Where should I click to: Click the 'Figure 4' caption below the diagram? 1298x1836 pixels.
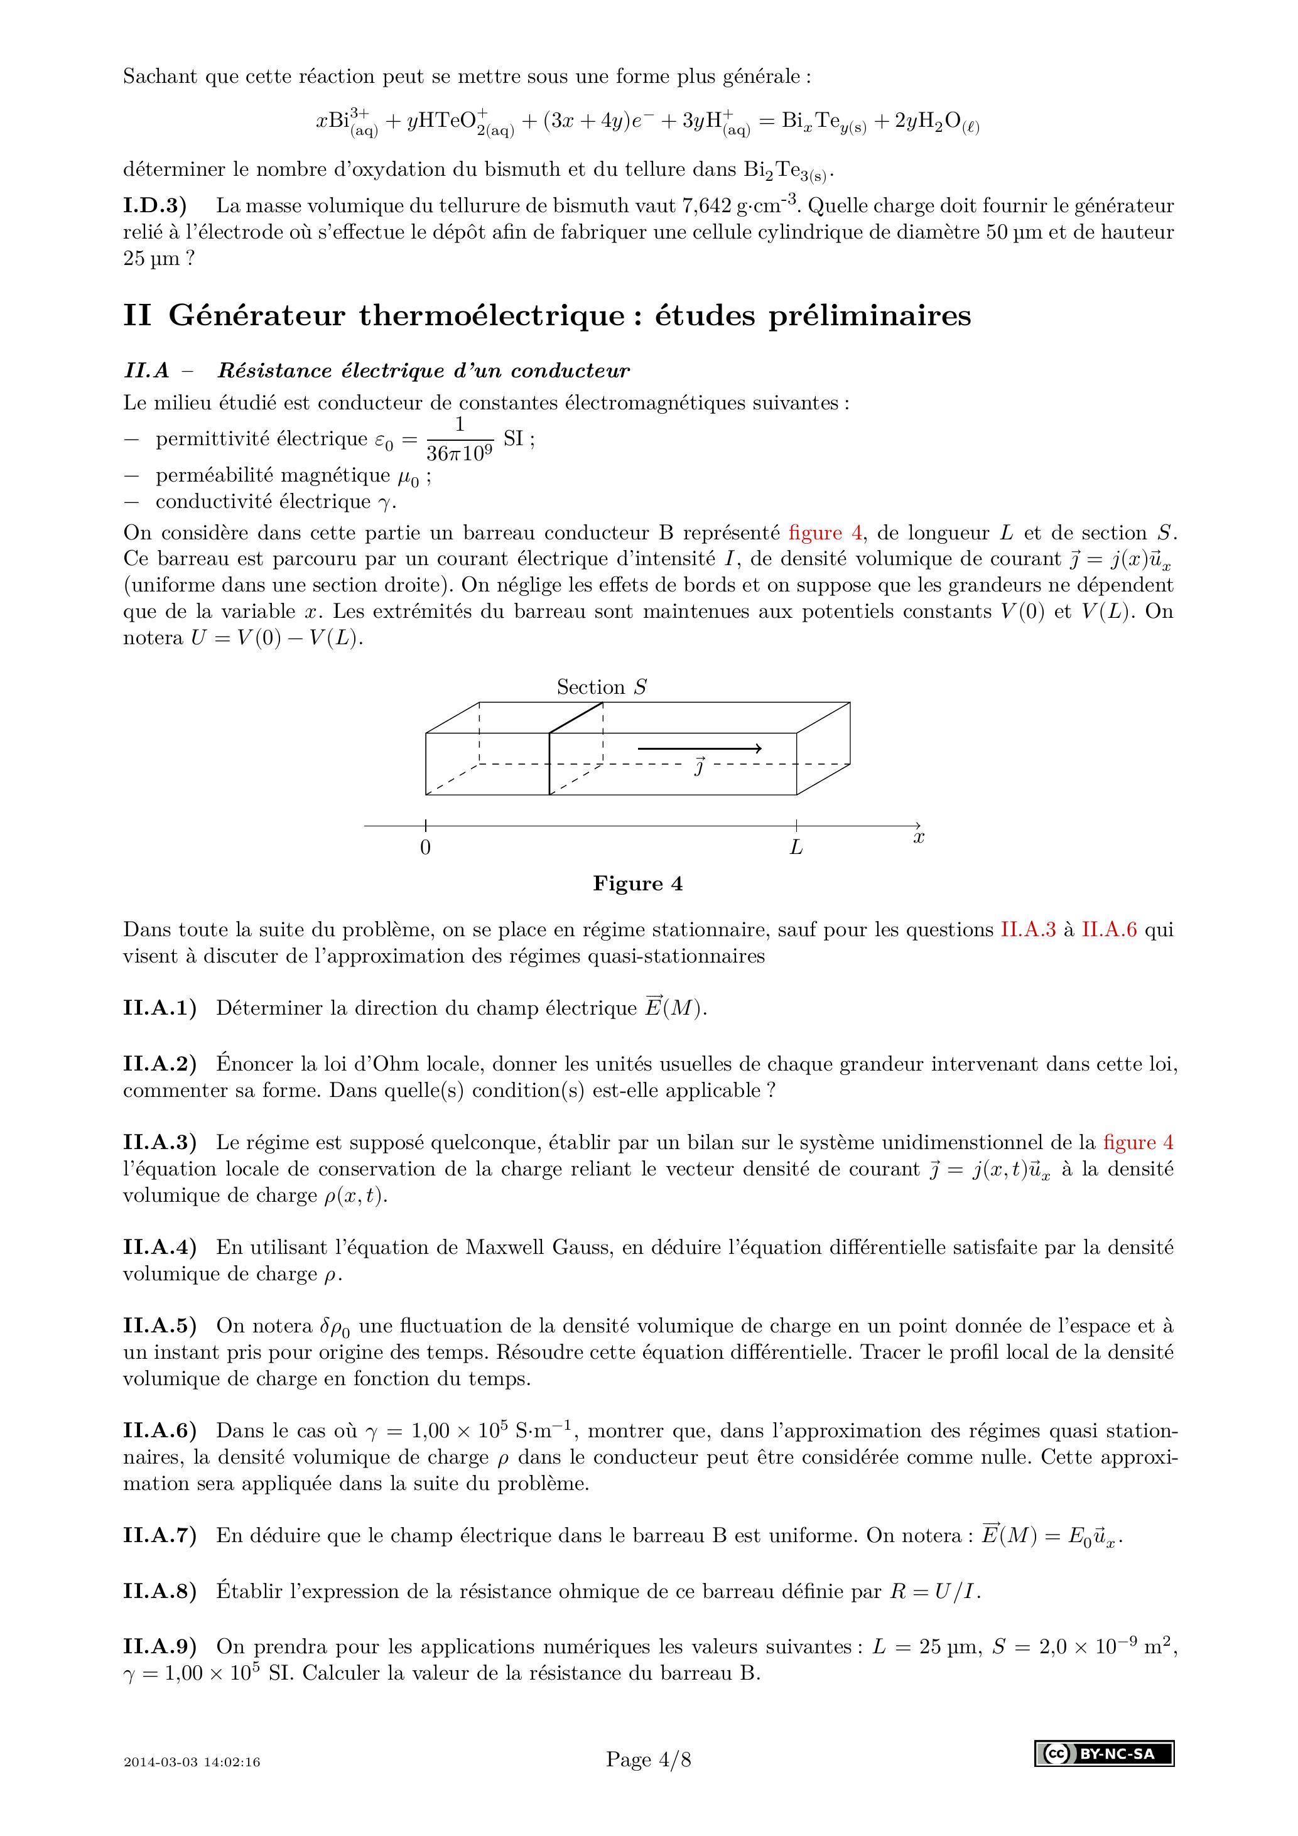pyautogui.click(x=637, y=883)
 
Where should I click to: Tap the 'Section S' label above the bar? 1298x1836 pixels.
pyautogui.click(x=602, y=687)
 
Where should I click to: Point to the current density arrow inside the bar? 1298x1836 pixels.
pyautogui.click(x=699, y=749)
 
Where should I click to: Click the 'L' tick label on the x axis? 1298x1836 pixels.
pyautogui.click(x=796, y=848)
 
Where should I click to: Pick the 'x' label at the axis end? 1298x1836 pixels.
pyautogui.click(x=919, y=837)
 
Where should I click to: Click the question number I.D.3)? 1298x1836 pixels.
pyautogui.click(x=155, y=205)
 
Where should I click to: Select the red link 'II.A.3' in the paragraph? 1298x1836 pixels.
pyautogui.click(x=1029, y=930)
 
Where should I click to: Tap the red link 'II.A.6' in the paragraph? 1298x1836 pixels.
pyautogui.click(x=1109, y=930)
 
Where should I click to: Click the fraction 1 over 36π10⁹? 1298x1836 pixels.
pyautogui.click(x=460, y=439)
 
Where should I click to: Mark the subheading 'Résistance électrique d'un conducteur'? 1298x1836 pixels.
pyautogui.click(x=424, y=371)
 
